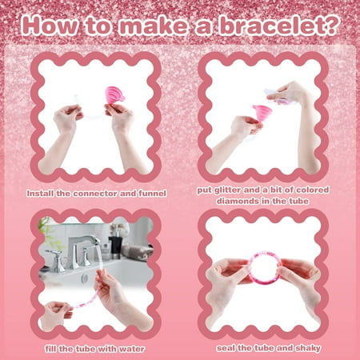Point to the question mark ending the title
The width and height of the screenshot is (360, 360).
click(x=327, y=26)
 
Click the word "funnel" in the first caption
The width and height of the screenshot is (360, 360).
click(x=154, y=193)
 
